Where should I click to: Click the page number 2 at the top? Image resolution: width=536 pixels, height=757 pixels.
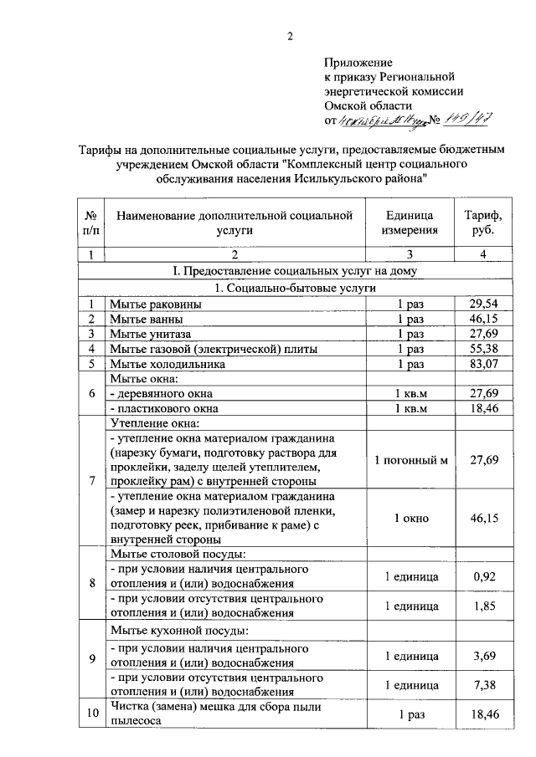coord(291,35)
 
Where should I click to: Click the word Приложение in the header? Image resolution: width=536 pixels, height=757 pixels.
coord(358,62)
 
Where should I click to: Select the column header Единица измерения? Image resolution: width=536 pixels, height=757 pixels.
coord(410,223)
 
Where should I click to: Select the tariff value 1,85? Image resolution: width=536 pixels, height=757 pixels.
coord(483,606)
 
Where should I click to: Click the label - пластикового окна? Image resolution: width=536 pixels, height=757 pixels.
coord(165,408)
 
